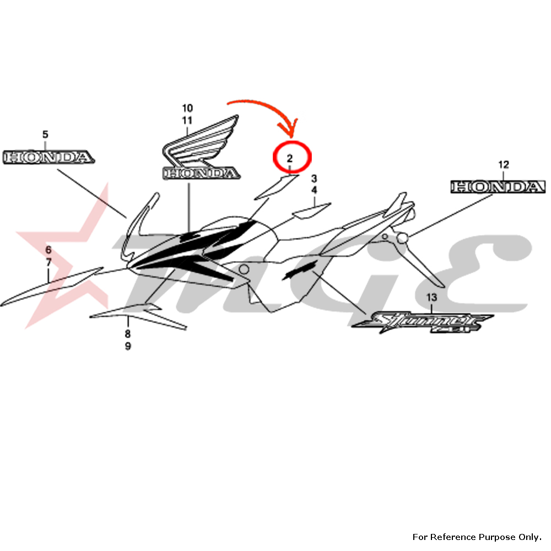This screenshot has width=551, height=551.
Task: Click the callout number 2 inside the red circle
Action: pos(289,159)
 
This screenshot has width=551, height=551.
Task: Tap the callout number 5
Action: pos(45,134)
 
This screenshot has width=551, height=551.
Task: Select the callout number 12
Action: pos(504,164)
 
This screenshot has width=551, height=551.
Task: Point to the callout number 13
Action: pos(431,298)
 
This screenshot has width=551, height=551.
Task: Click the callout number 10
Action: pos(187,107)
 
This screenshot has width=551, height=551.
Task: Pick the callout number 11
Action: pos(187,120)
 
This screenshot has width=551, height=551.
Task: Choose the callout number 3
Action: pos(314,179)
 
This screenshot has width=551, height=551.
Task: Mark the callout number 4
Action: pos(314,190)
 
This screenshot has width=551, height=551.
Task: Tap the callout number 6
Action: pos(48,250)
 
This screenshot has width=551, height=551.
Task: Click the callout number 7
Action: pos(48,262)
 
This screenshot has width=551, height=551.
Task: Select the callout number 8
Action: pos(127,334)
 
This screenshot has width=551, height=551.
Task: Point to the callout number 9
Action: pos(127,347)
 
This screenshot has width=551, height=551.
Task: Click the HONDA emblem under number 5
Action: pos(47,157)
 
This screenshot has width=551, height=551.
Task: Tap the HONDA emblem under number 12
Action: pos(498,187)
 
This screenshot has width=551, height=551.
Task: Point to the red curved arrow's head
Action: pos(292,132)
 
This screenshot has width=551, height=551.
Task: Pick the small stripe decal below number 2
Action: pos(275,186)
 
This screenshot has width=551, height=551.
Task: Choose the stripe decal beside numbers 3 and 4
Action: pos(311,210)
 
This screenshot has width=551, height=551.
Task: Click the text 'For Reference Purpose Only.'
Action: pos(477,537)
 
